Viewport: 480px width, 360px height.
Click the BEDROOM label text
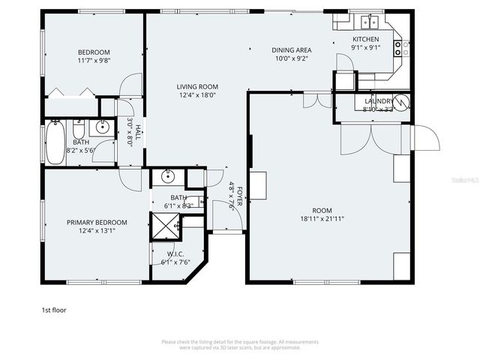pos(94,52)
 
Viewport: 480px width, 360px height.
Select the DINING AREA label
pos(291,50)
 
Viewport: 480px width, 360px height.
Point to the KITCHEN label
pos(366,39)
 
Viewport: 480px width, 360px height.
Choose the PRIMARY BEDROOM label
pos(97,222)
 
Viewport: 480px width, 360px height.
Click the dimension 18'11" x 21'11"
pos(328,219)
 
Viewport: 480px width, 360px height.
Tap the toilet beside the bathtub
pos(79,129)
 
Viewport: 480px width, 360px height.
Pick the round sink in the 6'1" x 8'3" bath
pos(168,177)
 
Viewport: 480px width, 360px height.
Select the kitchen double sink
pos(367,22)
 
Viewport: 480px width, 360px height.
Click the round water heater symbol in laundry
pos(401,101)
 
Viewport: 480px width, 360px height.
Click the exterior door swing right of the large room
pos(424,139)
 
